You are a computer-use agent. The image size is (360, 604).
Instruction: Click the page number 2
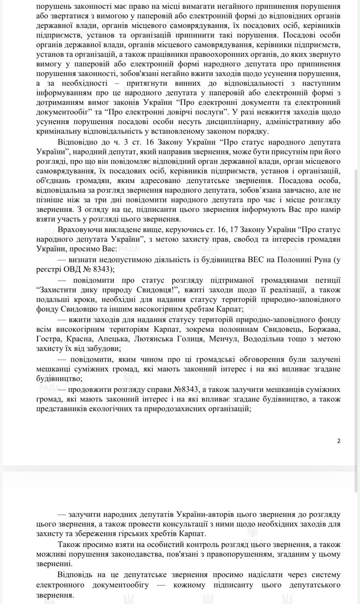pos(339,441)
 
